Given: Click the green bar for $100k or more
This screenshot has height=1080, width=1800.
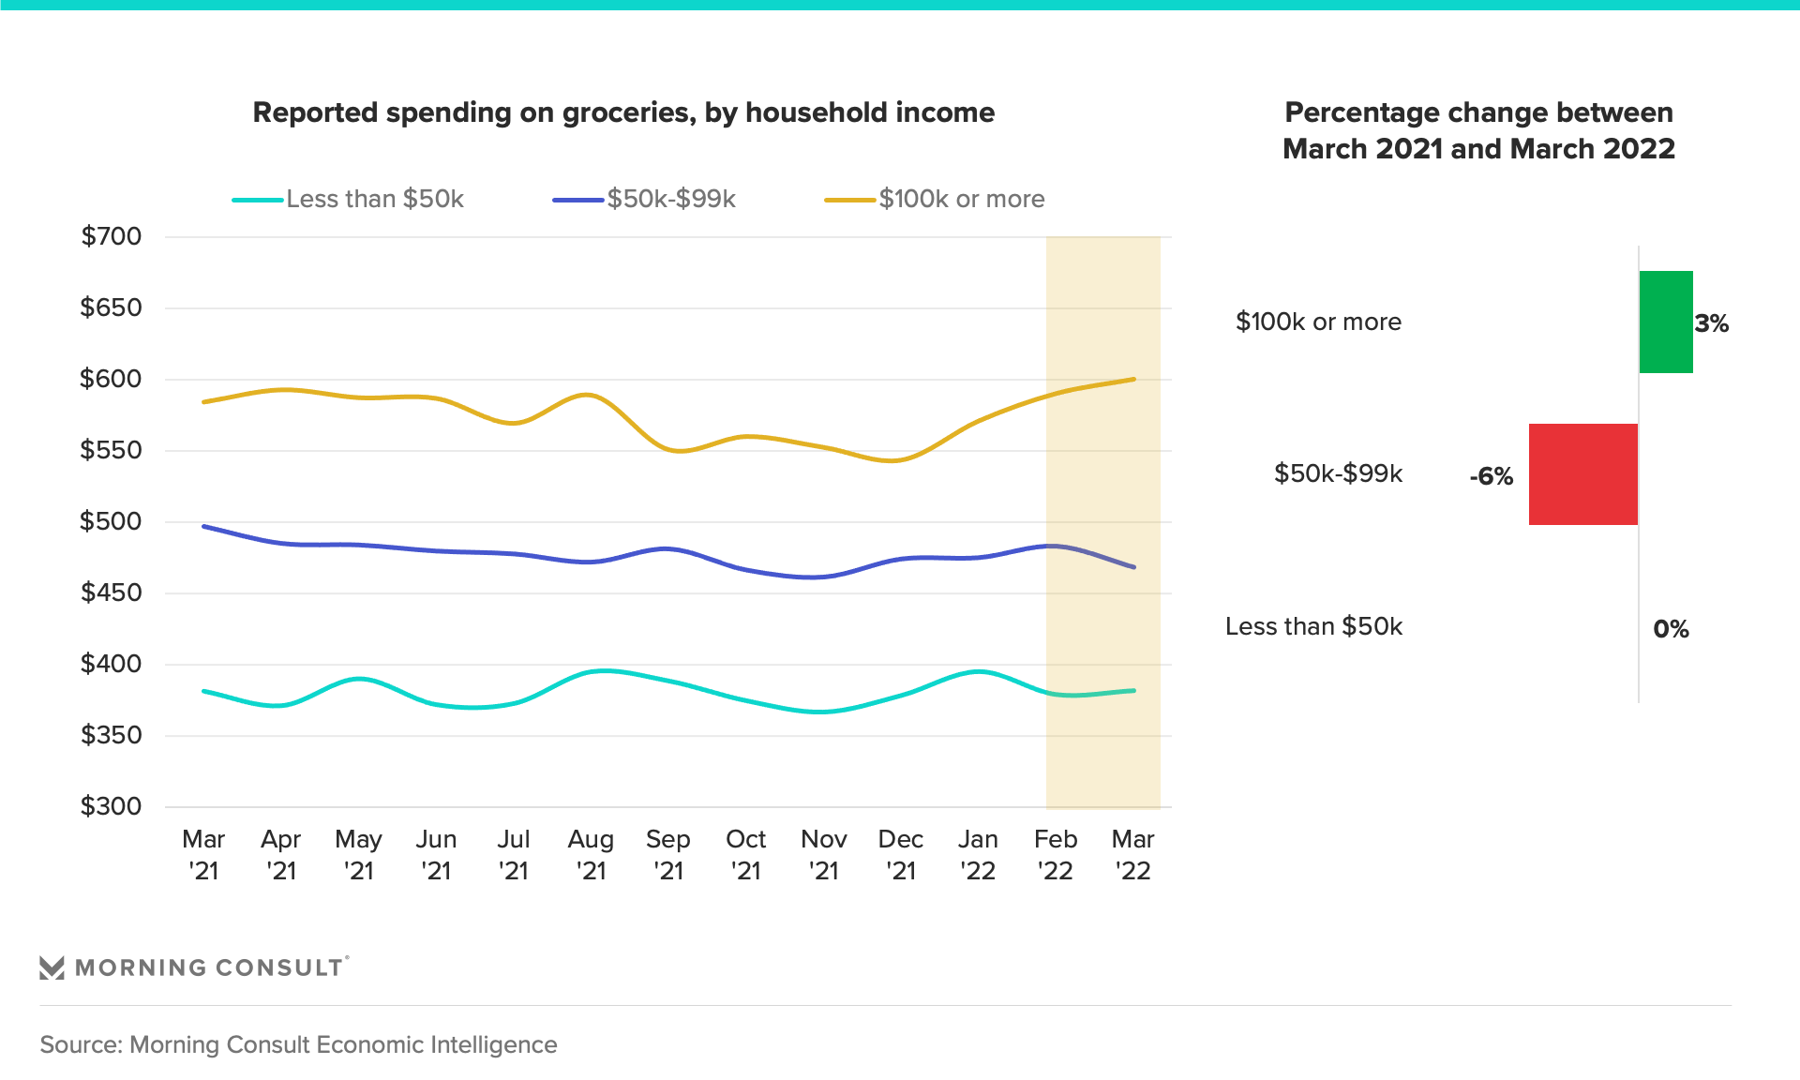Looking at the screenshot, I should pos(1666,322).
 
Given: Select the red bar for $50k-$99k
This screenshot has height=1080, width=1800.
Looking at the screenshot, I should pos(1582,474).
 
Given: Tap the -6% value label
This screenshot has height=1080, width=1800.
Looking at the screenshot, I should pos(1491,476).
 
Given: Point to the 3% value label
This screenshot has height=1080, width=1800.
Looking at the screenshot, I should pos(1711,323).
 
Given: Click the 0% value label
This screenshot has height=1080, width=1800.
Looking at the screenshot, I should pos(1671,628).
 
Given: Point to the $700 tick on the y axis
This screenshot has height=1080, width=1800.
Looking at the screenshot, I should pos(112,236).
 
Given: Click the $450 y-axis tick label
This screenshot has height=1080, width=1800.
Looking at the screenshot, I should pos(112,592).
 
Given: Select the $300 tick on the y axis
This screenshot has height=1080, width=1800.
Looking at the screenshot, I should pos(112,806).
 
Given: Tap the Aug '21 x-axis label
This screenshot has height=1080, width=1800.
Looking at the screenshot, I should pos(591,854).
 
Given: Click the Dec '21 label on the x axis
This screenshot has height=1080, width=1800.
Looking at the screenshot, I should pos(900,854).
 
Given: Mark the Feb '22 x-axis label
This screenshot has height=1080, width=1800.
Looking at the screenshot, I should pos(1056,854).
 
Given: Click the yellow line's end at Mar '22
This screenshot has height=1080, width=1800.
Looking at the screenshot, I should pos(1134,379).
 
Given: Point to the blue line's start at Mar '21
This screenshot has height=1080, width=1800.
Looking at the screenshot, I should pos(204,527).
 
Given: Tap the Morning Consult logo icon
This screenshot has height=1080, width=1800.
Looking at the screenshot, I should pos(52,967).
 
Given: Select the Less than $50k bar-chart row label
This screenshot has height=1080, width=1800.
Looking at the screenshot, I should pos(1313,626).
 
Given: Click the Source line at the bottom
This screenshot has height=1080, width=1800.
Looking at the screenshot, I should pos(298,1044).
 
